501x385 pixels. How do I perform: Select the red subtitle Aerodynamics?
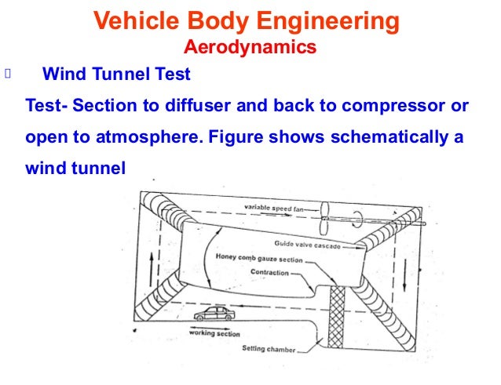(250, 48)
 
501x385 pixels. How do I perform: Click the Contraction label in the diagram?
(269, 273)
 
